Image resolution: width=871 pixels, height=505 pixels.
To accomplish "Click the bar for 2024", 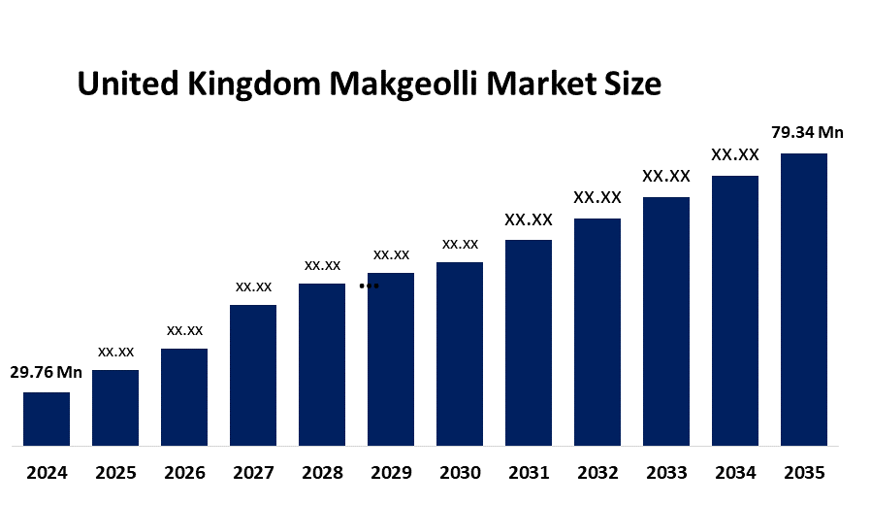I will (x=47, y=419).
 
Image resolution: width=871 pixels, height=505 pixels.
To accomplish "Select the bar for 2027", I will (x=253, y=375).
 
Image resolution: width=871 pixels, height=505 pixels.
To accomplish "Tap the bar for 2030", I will (x=460, y=353).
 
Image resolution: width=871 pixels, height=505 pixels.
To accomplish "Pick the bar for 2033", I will (x=666, y=321).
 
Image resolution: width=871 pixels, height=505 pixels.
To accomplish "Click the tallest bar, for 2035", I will (x=804, y=299).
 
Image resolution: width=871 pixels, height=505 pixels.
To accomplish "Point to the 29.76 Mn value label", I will (x=47, y=372).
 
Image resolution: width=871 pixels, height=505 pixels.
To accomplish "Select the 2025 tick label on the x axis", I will (x=115, y=474).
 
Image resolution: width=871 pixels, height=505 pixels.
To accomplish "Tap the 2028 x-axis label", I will (x=322, y=474).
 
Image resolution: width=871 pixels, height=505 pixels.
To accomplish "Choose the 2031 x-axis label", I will (x=529, y=474).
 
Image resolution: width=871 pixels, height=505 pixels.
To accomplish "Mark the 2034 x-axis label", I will (x=735, y=474).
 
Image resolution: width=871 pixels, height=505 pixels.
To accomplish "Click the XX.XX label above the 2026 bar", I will (x=184, y=330).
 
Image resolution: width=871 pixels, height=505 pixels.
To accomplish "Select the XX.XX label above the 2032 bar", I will (x=597, y=197).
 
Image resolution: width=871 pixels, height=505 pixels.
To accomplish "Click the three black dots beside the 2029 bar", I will (x=369, y=286).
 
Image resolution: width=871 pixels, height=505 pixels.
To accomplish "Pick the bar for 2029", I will (x=391, y=359).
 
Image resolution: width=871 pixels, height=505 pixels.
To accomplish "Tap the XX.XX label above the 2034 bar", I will (x=735, y=154).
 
